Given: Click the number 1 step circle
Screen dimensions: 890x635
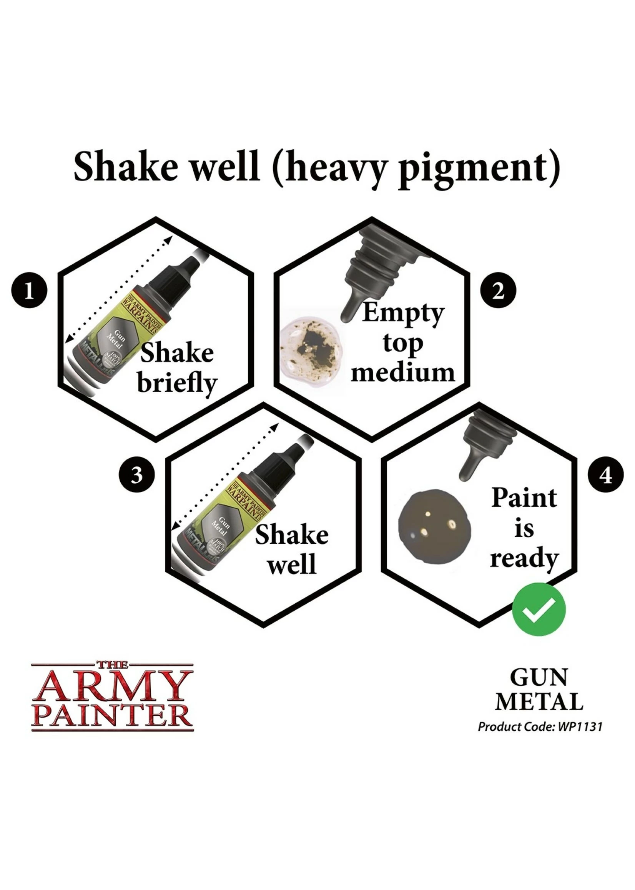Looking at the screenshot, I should pyautogui.click(x=29, y=292).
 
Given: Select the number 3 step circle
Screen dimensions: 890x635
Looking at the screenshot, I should pyautogui.click(x=136, y=476).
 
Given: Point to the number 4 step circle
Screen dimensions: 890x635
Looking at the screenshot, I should pyautogui.click(x=606, y=476).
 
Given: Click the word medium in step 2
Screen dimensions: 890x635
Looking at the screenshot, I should pyautogui.click(x=403, y=372).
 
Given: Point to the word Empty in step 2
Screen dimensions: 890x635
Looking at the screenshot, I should pyautogui.click(x=403, y=314).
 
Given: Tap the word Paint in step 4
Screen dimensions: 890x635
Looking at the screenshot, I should pyautogui.click(x=524, y=498).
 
